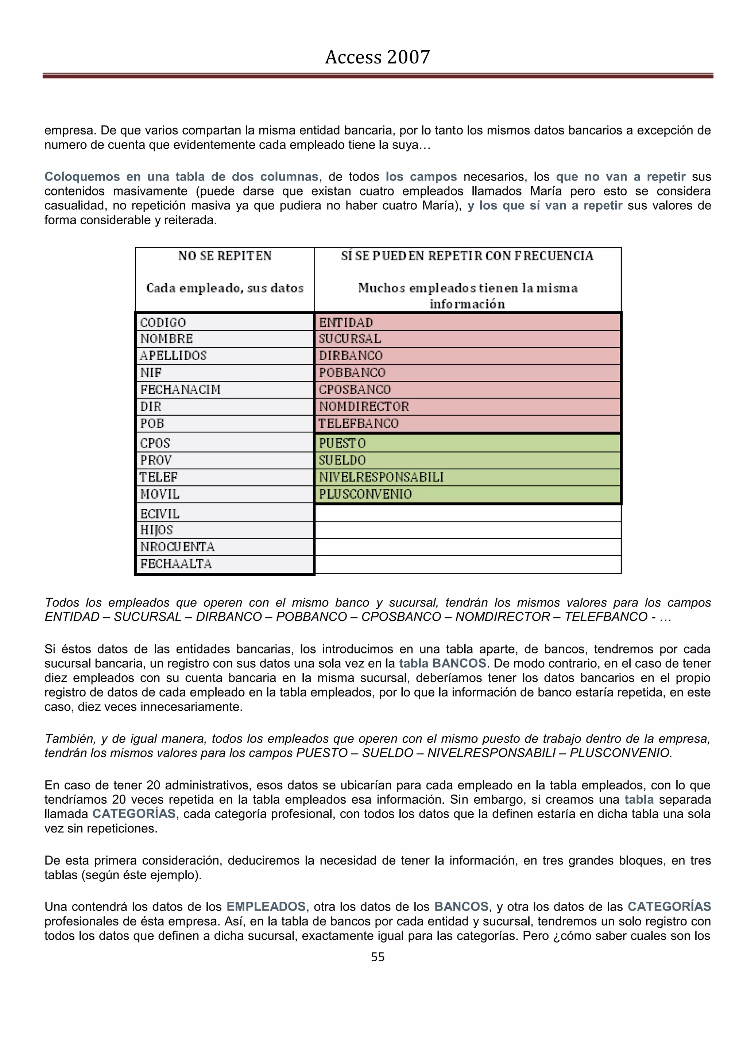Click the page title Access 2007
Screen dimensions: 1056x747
[x=377, y=57]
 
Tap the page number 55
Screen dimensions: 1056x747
[x=377, y=957]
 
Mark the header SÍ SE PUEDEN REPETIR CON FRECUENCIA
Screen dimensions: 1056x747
[x=467, y=256]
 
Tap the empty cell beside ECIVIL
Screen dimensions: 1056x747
[x=467, y=513]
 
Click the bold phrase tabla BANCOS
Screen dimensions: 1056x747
[x=442, y=663]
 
